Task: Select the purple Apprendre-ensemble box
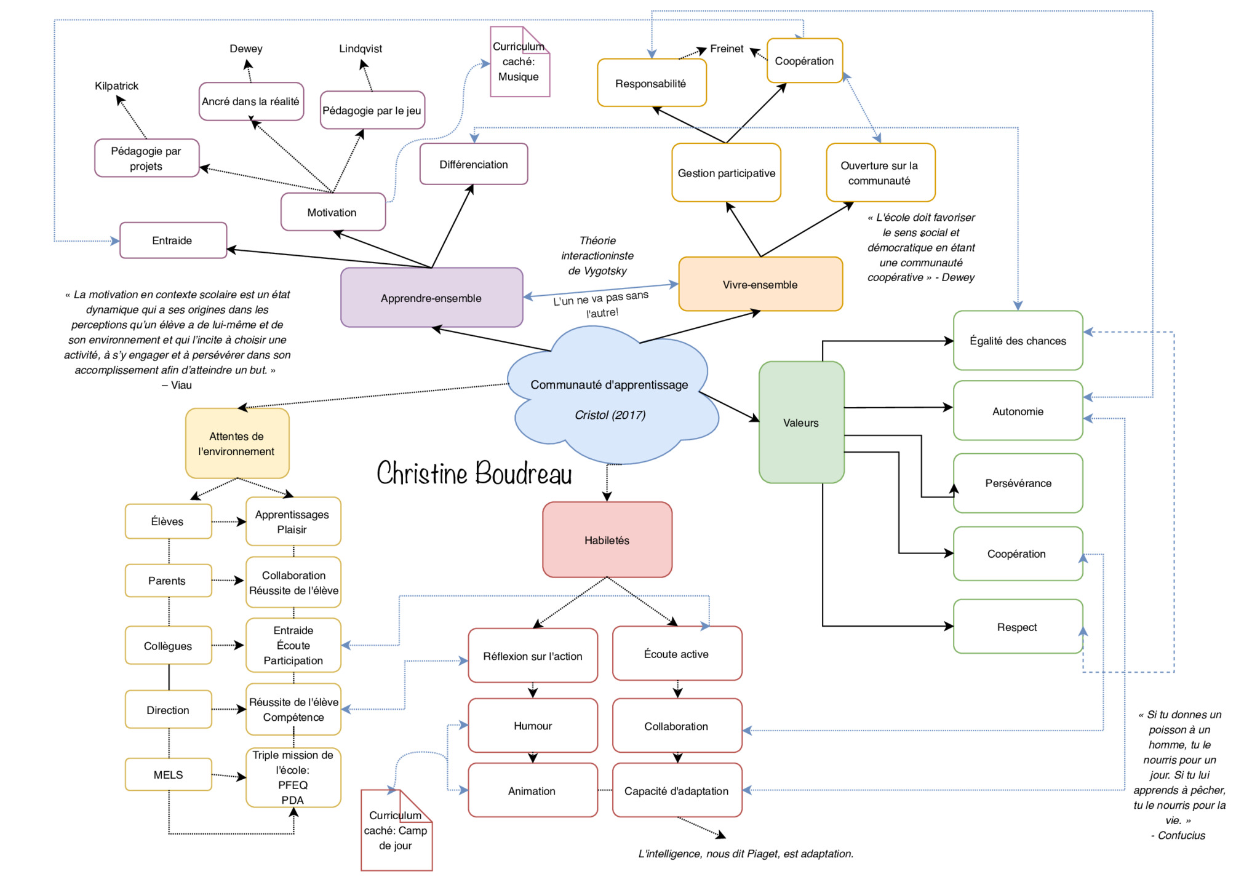431,298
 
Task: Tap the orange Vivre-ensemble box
760,284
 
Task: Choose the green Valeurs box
801,423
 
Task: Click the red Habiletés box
607,540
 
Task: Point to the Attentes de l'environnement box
237,443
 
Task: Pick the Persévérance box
1018,483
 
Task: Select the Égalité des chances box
1018,341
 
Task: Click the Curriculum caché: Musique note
519,62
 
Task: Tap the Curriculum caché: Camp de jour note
396,830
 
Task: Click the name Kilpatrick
116,86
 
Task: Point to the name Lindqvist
361,49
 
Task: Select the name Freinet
727,49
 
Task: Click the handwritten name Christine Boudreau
474,474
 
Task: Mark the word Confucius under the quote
1181,835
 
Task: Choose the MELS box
168,775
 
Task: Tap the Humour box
533,726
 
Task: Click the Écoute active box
677,654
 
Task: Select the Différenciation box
474,164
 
